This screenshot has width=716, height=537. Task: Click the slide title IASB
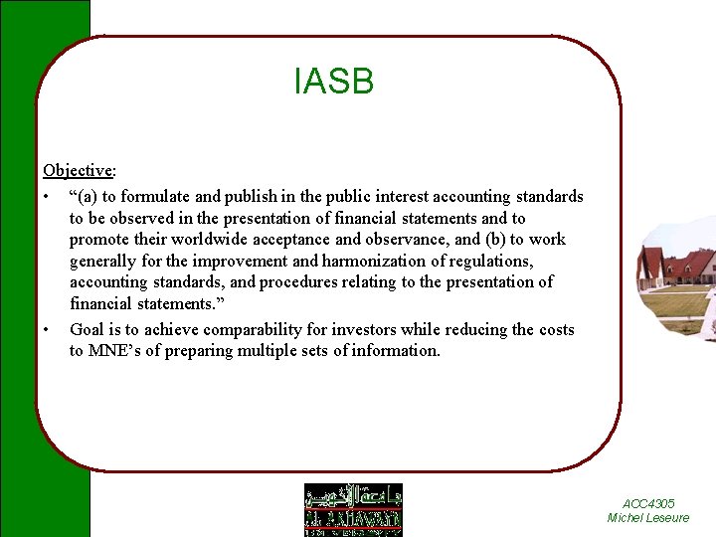334,82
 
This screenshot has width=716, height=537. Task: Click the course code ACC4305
648,504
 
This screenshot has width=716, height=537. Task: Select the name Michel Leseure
648,518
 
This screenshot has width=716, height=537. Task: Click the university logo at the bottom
353,509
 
